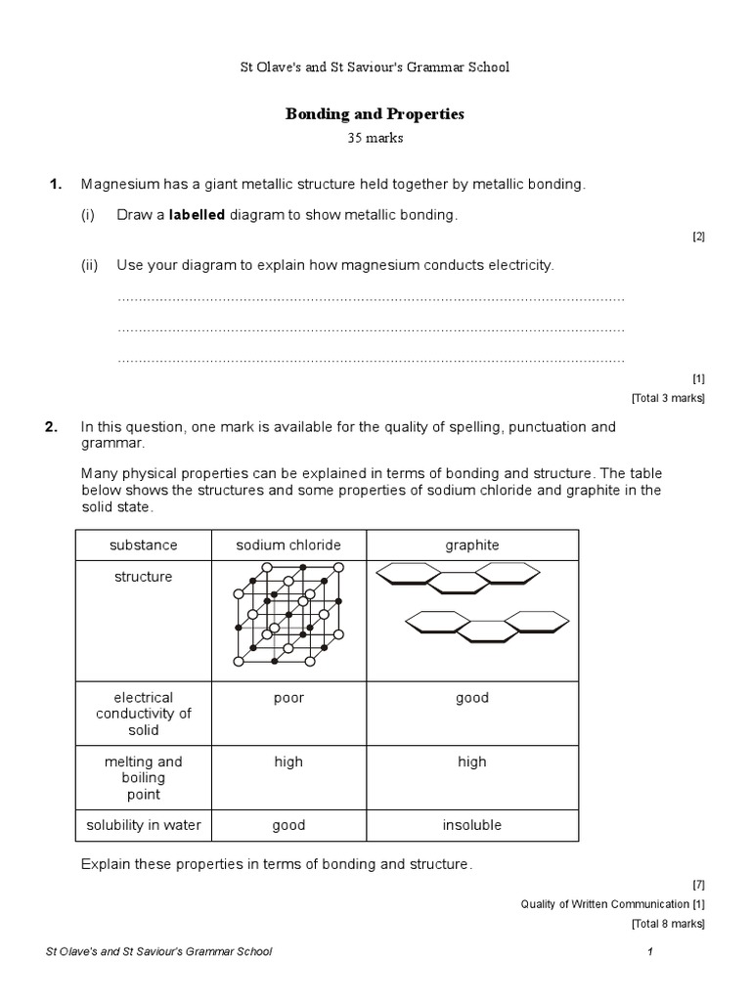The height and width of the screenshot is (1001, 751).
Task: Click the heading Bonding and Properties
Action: click(375, 114)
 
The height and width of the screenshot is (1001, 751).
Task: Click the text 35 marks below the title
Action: click(375, 138)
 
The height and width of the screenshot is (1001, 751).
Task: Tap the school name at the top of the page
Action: click(375, 67)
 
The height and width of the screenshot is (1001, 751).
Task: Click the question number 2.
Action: click(56, 427)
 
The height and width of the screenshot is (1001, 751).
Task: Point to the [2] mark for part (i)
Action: click(697, 236)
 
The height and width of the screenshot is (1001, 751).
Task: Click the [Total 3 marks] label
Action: click(667, 398)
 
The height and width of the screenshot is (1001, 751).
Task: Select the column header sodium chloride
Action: click(287, 544)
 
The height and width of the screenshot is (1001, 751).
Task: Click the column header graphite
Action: click(471, 544)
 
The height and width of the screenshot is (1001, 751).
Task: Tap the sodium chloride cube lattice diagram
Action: click(288, 614)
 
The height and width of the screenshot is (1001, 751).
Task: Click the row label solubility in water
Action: click(144, 825)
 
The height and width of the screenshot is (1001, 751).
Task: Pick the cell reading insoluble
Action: click(471, 825)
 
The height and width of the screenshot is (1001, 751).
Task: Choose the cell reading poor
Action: click(288, 698)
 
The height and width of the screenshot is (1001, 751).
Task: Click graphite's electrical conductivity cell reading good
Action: click(471, 698)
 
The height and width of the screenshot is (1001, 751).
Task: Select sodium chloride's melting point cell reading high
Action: click(288, 762)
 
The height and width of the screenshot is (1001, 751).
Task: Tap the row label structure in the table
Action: click(144, 577)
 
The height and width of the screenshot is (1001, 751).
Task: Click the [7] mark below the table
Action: click(697, 885)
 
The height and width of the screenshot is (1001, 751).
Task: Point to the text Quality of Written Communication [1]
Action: click(612, 904)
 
